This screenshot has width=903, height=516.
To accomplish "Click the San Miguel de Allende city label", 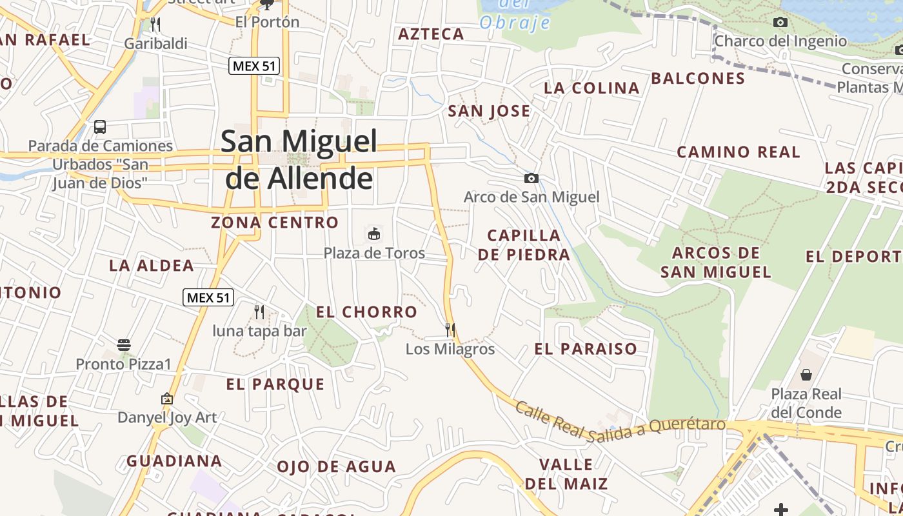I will point(299,159).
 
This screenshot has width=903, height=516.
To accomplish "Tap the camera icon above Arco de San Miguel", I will point(531,178).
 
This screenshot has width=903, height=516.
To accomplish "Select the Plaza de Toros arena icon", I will point(373,233).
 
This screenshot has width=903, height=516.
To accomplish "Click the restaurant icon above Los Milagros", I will point(450,330).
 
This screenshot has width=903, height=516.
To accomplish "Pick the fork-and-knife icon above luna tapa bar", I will point(259,312).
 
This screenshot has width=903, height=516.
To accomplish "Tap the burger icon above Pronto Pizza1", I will point(124,345).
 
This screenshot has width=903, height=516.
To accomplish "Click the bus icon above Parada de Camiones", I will point(100,126).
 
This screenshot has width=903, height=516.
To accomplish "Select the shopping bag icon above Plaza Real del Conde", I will point(806,374).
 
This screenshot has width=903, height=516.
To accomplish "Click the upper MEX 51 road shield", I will point(254,65).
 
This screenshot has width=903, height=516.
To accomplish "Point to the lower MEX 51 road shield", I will point(208,297).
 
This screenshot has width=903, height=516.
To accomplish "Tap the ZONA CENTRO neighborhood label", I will point(275,223).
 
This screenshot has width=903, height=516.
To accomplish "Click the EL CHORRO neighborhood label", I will point(366,312).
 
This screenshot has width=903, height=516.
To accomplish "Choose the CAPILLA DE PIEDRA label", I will point(524,244).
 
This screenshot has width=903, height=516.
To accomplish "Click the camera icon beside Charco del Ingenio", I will point(780,23).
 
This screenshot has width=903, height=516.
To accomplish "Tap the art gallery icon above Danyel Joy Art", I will point(167,399).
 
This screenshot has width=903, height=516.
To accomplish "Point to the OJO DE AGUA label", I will point(336,466).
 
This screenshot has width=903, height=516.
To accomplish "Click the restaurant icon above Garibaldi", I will point(155,25).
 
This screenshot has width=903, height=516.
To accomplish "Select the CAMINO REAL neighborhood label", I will point(738,152).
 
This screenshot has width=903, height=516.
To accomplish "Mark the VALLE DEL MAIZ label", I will point(566,473).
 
